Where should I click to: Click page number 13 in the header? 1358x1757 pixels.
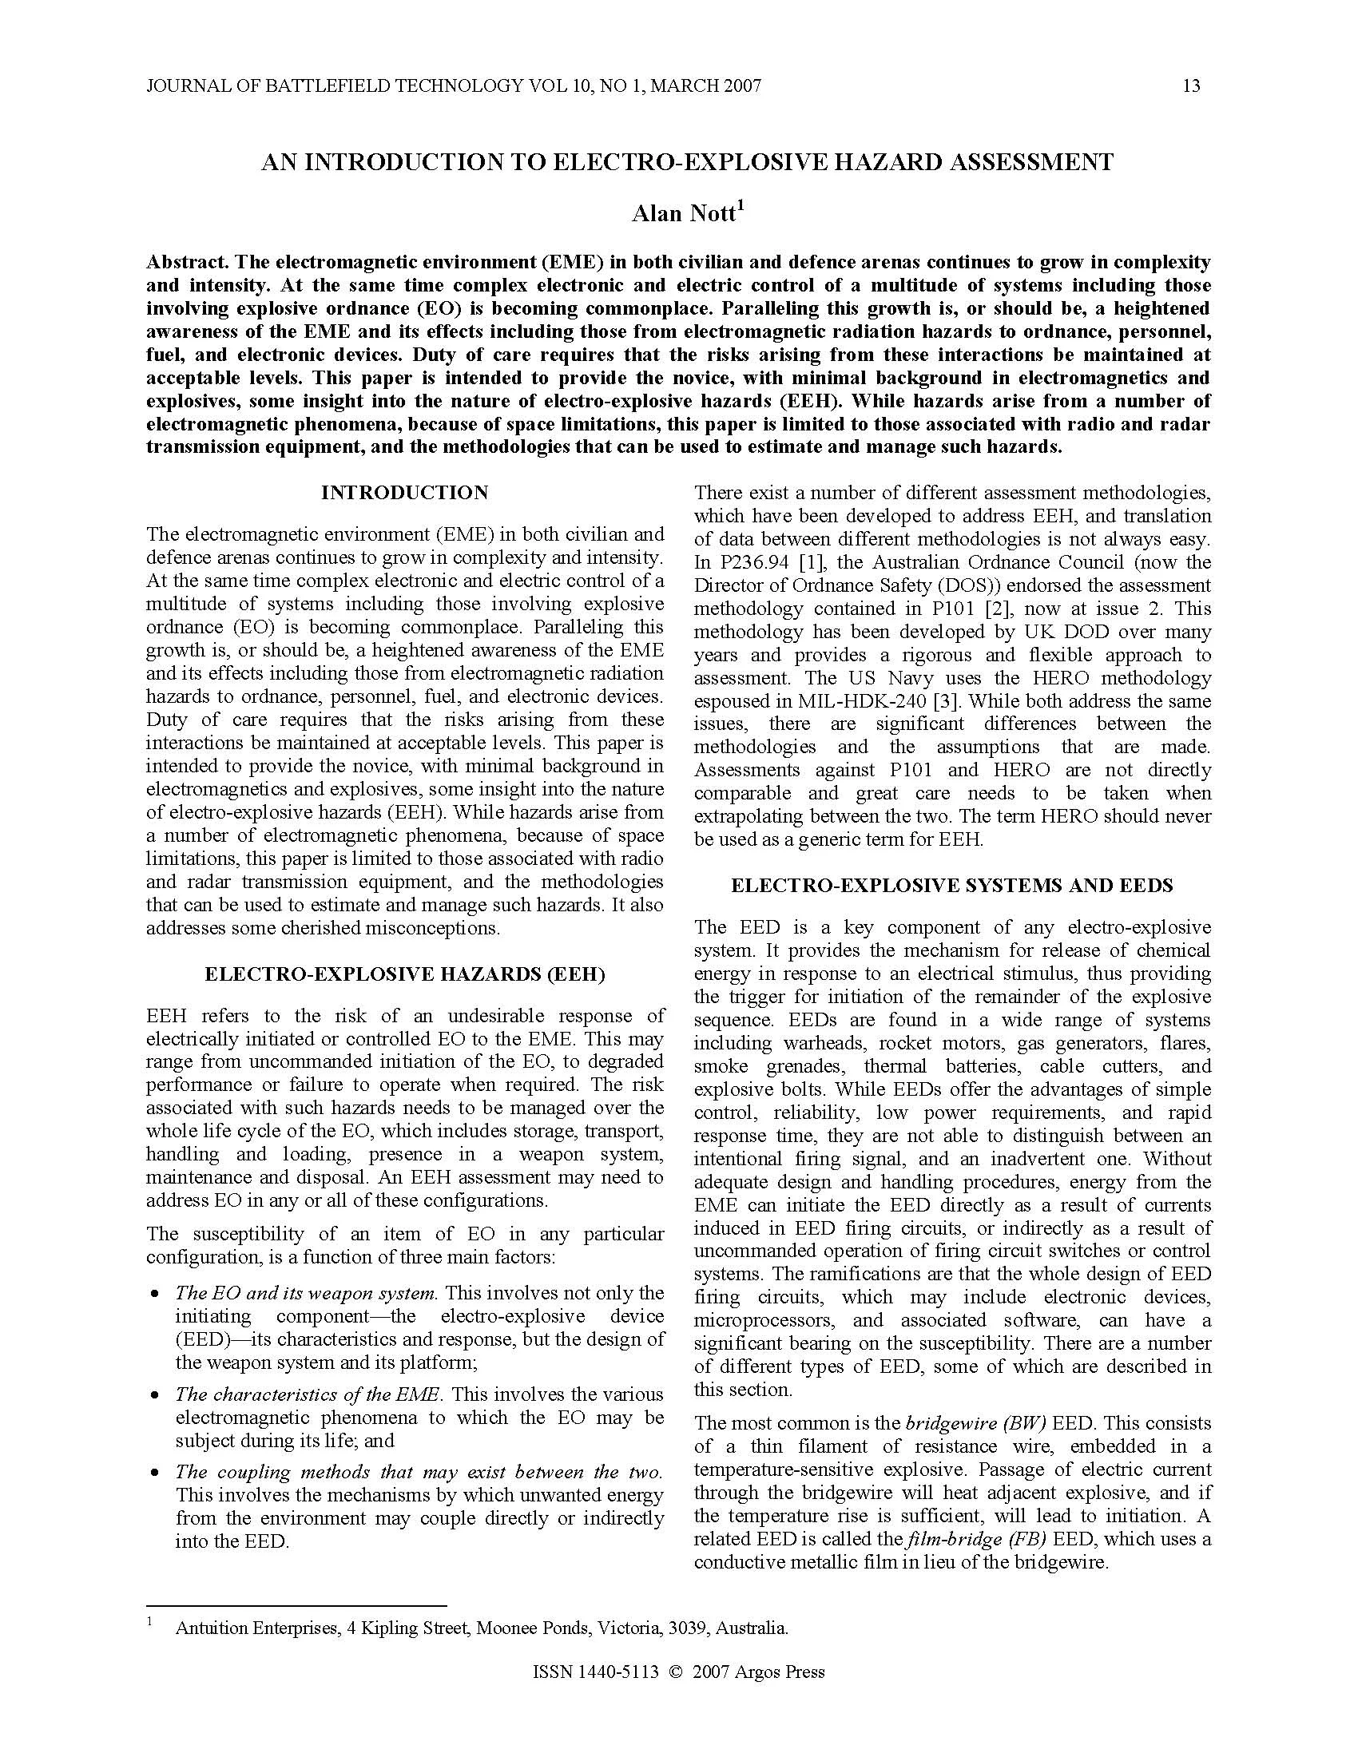coord(1192,85)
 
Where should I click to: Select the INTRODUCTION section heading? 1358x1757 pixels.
coord(404,492)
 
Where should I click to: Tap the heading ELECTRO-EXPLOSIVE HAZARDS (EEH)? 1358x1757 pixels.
coord(404,974)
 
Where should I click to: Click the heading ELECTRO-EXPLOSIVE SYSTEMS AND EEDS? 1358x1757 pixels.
coord(951,886)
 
